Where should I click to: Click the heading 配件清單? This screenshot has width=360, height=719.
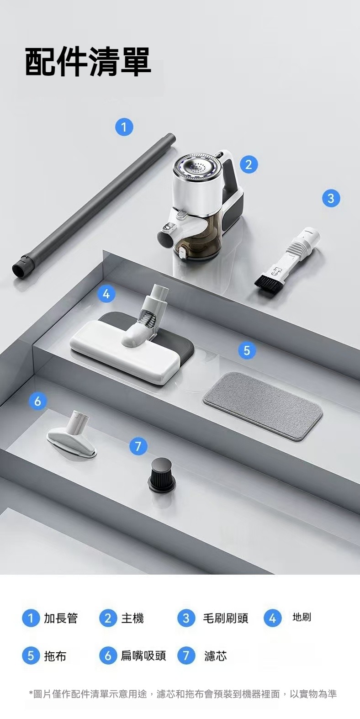click(x=88, y=62)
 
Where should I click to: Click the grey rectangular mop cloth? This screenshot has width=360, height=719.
click(x=263, y=406)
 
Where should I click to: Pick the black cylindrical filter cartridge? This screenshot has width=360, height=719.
click(x=162, y=475)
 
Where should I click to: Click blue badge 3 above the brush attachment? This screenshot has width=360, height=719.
click(x=331, y=198)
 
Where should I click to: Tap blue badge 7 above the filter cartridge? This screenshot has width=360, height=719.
click(x=138, y=446)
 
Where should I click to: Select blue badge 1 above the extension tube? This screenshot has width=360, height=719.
click(x=124, y=127)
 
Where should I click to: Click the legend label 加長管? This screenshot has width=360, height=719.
click(x=61, y=618)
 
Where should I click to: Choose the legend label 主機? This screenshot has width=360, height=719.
click(x=132, y=618)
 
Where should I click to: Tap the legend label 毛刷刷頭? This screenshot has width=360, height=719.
click(x=225, y=618)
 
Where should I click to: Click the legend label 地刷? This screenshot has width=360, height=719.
click(x=302, y=617)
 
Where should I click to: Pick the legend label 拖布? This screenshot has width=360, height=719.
click(x=55, y=656)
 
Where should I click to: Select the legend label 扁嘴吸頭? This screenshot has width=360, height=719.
click(x=143, y=656)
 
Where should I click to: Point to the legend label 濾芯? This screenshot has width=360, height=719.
click(x=216, y=656)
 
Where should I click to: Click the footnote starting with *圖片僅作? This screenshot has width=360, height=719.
click(x=183, y=694)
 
